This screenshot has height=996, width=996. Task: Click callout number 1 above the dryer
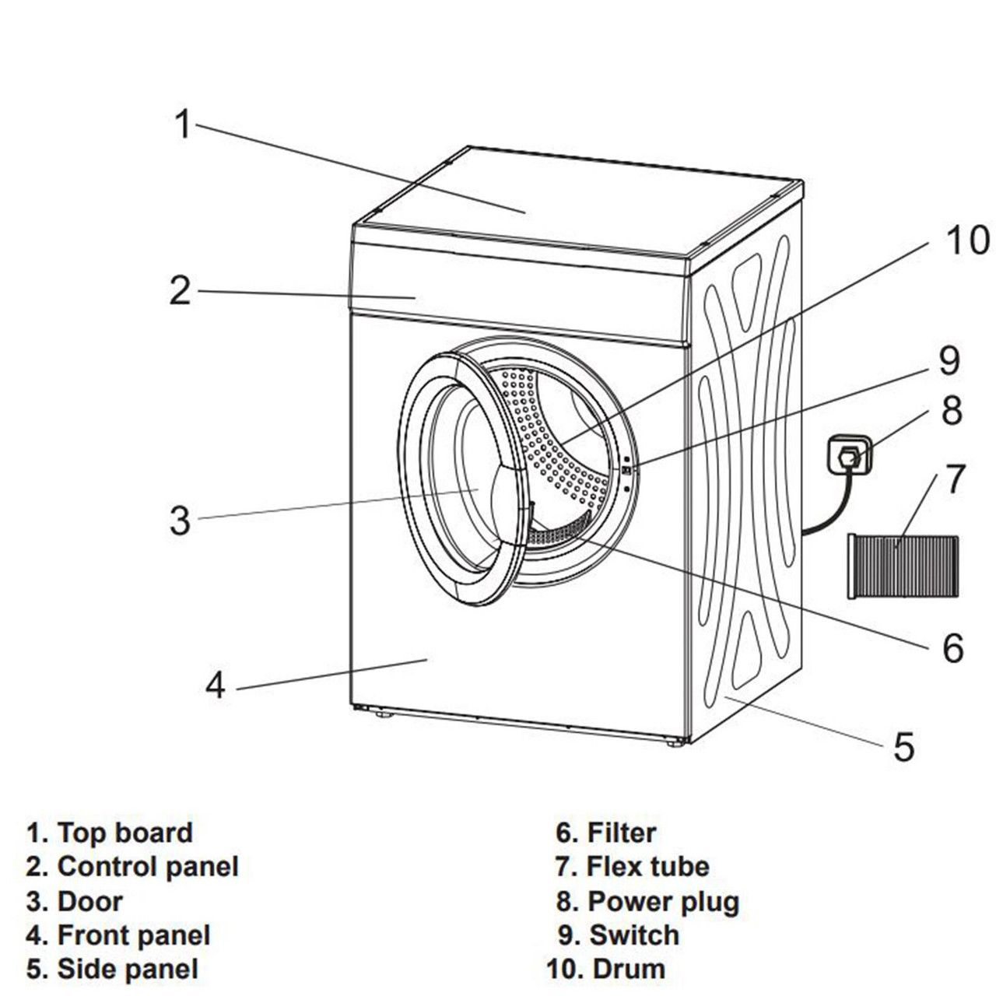182,124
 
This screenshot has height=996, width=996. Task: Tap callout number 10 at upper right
967,240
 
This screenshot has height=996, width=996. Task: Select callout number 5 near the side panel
903,747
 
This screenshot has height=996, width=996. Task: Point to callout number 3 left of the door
180,520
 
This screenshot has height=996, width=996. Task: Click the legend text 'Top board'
124,833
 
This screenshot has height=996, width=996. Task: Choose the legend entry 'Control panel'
148,866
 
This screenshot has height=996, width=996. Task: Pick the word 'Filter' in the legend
622,833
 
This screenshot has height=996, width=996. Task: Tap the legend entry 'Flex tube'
647,866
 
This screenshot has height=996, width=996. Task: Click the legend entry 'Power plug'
663,901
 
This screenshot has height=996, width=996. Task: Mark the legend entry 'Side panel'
128,969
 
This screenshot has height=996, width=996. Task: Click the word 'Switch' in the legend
634,935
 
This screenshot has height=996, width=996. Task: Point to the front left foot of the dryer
382,712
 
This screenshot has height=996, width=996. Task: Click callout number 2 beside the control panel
180,291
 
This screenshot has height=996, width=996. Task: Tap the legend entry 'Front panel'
134,935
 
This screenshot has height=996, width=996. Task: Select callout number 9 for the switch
949,360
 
